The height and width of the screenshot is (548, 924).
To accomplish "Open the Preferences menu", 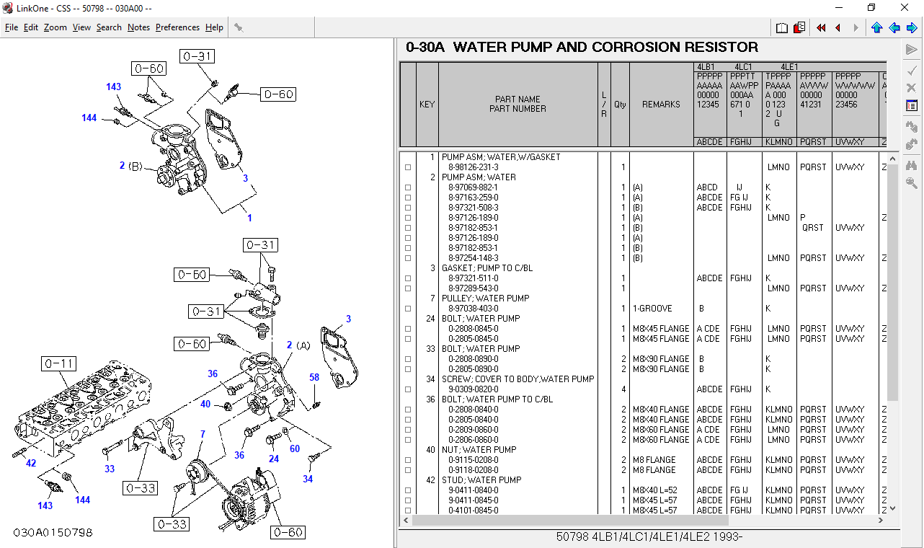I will [177, 27].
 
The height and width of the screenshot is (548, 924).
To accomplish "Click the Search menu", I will [109, 27].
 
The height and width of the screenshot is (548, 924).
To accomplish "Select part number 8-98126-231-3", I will [473, 167].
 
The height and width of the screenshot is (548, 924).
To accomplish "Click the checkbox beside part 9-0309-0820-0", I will [408, 389].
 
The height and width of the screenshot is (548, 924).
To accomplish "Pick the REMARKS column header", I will [661, 105].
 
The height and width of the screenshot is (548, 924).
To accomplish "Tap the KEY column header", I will [427, 105].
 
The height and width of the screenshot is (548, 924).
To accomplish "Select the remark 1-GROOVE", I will [652, 309].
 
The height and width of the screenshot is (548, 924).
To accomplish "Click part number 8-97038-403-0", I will [473, 309].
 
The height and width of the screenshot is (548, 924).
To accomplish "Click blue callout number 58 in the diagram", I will [314, 377].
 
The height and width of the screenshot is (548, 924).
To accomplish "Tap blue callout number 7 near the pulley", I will [203, 434].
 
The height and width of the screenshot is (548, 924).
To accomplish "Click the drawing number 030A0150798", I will [53, 533].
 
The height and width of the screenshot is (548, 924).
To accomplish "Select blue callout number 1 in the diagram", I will [249, 218].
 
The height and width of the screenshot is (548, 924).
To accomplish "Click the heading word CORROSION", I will [638, 48].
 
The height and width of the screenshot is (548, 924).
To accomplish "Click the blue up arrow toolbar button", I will [876, 27].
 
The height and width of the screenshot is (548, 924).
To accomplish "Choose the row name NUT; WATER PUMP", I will [479, 450].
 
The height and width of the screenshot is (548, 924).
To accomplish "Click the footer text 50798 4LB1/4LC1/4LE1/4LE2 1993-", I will [649, 537].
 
